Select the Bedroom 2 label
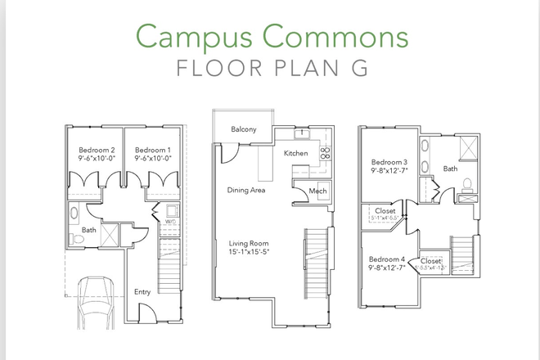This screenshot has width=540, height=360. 95,151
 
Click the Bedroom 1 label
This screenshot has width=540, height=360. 151,151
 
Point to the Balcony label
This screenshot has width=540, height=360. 244,129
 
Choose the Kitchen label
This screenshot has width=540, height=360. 295,153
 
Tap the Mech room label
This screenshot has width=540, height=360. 317,191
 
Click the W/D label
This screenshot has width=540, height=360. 171,220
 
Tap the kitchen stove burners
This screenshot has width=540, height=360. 324,152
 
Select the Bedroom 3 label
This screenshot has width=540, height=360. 389,161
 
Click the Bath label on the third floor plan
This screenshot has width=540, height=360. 451,169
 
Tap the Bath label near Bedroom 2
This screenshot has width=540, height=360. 88,230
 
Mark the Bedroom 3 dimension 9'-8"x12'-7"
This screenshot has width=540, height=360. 389,171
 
